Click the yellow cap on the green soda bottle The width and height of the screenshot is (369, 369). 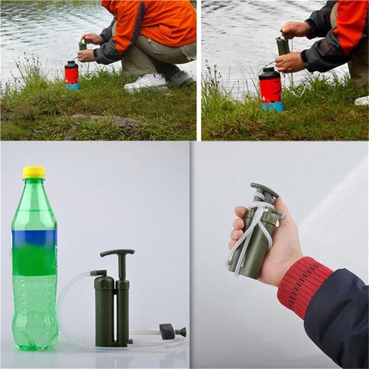click(34, 172)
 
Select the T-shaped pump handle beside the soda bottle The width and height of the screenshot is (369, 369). click(117, 254)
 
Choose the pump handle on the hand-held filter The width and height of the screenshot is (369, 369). click(265, 189)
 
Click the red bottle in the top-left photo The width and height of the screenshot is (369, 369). click(72, 75)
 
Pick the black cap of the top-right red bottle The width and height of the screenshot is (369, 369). click(269, 73)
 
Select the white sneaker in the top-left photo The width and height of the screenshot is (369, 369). click(146, 82)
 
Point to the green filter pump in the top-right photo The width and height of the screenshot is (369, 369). click(283, 46)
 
